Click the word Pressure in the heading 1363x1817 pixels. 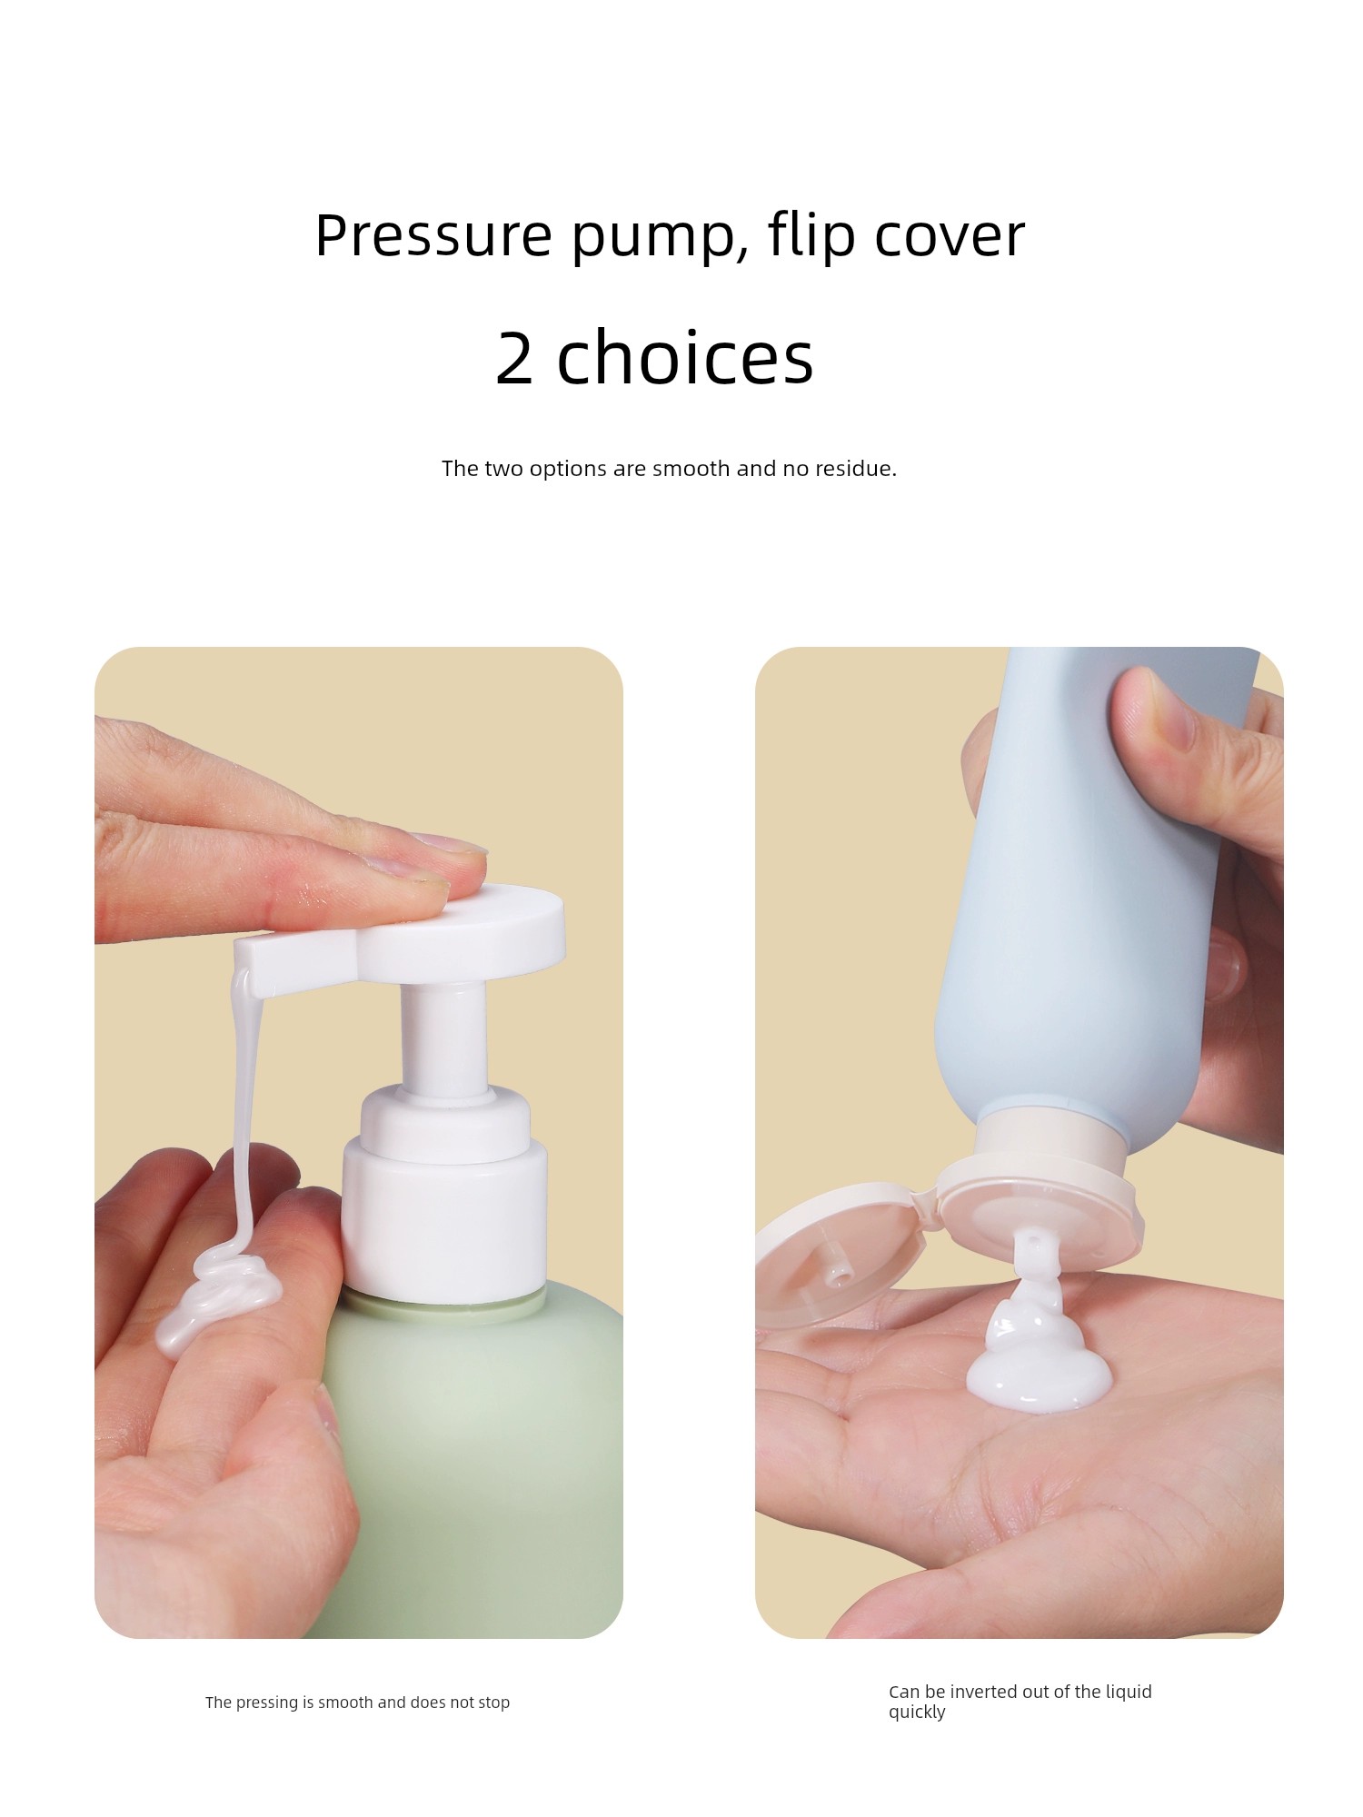click(433, 235)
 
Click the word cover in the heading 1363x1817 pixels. click(950, 238)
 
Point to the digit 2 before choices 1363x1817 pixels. click(514, 358)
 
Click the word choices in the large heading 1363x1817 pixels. click(685, 356)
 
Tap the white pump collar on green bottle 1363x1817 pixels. click(444, 1199)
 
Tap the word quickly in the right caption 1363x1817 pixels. click(917, 1713)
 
